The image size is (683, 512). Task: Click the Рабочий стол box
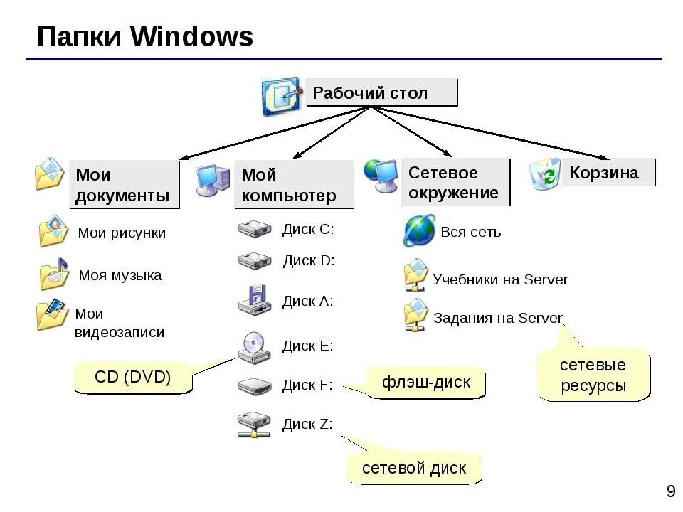tap(381, 93)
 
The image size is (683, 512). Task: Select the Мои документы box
tap(123, 185)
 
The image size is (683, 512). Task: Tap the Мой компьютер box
tap(293, 185)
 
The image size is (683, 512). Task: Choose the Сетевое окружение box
tap(455, 183)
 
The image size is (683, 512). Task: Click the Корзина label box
tap(608, 173)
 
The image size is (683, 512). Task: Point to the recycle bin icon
tap(546, 175)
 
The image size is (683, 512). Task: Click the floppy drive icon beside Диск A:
tap(254, 300)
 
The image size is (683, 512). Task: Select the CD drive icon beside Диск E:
tap(254, 346)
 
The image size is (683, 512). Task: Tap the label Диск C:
tap(308, 229)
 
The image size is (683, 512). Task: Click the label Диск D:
tap(309, 260)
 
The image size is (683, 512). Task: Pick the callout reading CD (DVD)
tap(133, 378)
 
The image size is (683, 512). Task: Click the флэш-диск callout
tap(426, 383)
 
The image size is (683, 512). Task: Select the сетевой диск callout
tap(414, 468)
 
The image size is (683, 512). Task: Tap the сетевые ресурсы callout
tap(593, 375)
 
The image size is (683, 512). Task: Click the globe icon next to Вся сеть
tap(419, 231)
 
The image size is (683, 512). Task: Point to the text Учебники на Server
tap(500, 279)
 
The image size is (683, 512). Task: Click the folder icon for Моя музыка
tap(53, 274)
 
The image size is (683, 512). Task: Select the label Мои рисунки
tap(122, 233)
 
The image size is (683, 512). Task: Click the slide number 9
tap(670, 491)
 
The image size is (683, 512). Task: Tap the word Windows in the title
tap(192, 37)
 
